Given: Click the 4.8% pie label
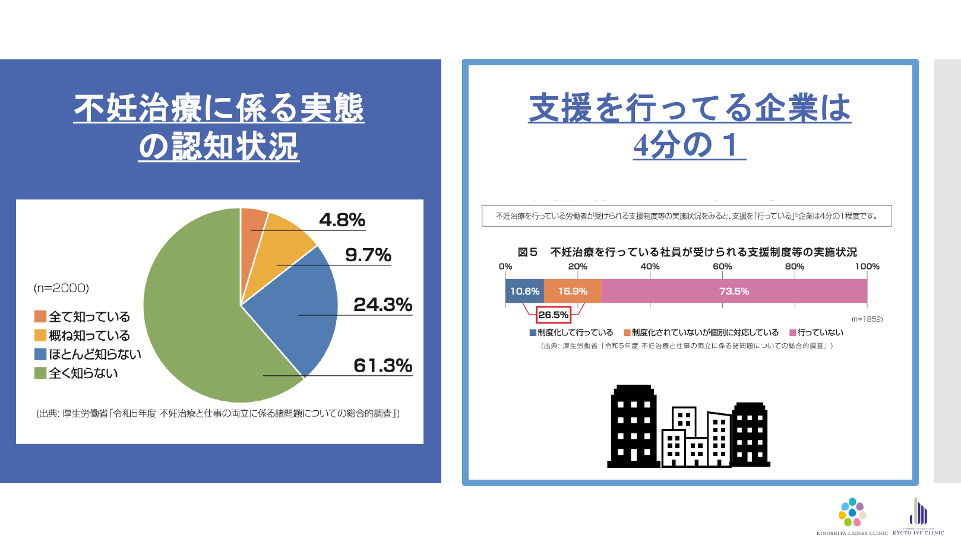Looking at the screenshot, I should tap(342, 220).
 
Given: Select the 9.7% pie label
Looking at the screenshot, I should tap(368, 255).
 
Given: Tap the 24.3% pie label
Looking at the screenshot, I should tap(382, 305).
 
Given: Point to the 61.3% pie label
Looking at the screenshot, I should tap(382, 366).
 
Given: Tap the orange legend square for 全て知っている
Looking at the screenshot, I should tap(40, 316).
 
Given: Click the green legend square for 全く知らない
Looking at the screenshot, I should tap(40, 373).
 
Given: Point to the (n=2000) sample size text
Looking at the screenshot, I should tap(61, 288).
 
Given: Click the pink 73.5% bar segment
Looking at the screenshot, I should tap(734, 291).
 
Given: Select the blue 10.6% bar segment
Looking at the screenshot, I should tap(524, 291).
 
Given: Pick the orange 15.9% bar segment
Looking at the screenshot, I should tap(573, 291).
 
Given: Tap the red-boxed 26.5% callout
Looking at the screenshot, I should tap(553, 315).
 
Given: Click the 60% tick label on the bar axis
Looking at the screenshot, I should tap(722, 267).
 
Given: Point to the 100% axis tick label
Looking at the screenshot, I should tap(867, 267).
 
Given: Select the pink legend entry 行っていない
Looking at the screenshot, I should tap(816, 332).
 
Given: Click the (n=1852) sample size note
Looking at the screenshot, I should tap(867, 319).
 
